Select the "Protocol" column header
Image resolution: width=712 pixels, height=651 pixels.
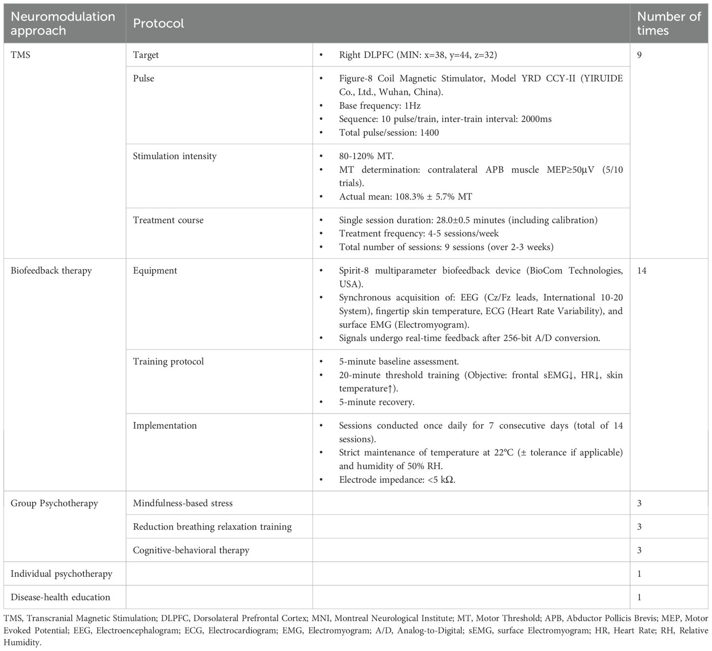tap(158, 23)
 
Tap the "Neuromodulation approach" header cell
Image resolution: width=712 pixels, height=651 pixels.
tap(63, 23)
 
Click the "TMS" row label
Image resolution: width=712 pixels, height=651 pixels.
tap(20, 55)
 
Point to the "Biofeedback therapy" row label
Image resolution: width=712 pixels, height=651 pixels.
tap(51, 271)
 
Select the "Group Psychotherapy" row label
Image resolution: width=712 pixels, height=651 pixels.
tap(54, 503)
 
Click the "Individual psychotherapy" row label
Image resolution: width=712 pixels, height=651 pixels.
tap(61, 574)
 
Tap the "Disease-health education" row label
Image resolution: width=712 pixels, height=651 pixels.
tap(60, 597)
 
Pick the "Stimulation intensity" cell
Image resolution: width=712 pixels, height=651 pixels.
tap(175, 156)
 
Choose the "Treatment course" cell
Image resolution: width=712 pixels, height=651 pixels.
tap(168, 220)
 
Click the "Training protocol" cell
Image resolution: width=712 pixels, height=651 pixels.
tap(168, 361)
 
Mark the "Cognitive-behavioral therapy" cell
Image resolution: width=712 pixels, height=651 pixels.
tap(191, 550)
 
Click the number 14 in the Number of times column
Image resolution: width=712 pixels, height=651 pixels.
tap(642, 271)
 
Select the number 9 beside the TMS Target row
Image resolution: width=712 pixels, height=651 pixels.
tap(639, 55)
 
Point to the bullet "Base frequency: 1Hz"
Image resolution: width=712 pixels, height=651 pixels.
tap(379, 105)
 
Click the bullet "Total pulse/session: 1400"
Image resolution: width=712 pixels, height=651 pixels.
tap(389, 133)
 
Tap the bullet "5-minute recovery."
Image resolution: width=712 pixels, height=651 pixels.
tap(376, 402)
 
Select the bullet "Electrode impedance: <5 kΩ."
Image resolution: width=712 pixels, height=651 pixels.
tap(397, 480)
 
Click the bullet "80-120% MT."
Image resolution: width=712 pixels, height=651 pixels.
tap(366, 156)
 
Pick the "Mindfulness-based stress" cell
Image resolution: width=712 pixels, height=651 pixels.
tap(183, 503)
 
